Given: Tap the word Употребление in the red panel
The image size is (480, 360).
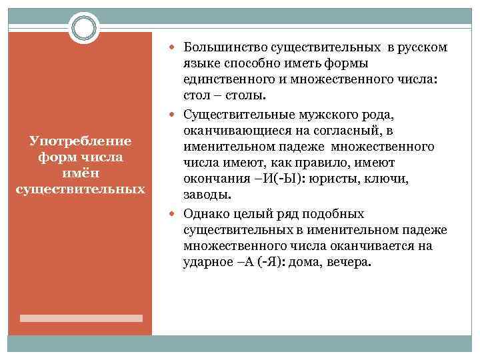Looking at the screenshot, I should (x=81, y=141).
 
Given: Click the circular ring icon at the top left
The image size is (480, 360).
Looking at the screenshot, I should (x=84, y=28).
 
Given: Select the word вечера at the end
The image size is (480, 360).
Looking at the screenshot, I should (x=347, y=262).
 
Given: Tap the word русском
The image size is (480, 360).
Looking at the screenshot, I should (x=423, y=47).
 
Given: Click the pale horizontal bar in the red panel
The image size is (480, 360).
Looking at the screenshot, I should (x=81, y=318).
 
